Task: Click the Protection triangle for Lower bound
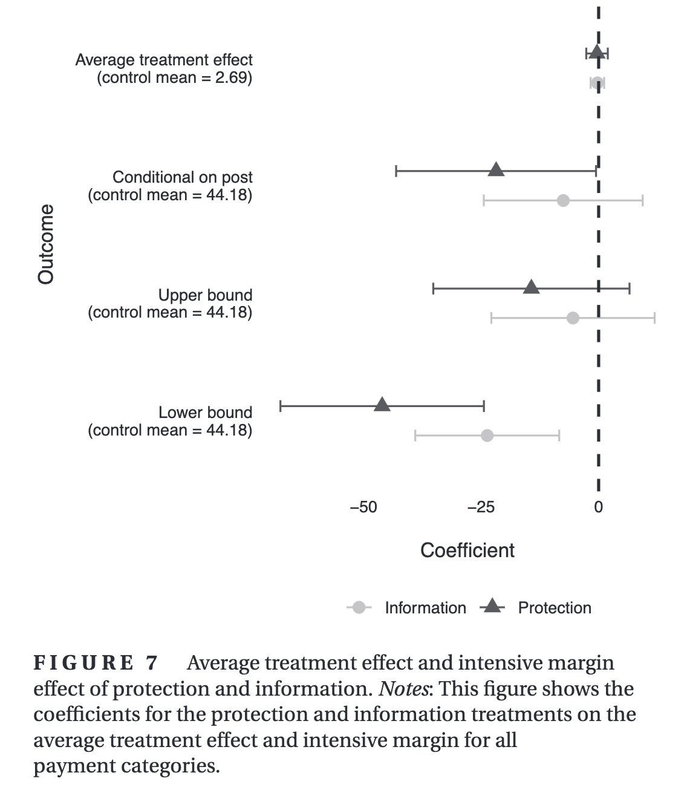point(382,405)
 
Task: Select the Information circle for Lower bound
point(487,435)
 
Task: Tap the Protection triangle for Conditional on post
point(496,169)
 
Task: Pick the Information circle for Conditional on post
point(563,200)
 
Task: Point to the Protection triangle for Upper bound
point(531,287)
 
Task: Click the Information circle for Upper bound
point(573,318)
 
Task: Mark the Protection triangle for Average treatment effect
point(597,52)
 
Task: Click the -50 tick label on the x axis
point(363,508)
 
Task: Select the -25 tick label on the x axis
point(481,508)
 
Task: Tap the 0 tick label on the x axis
point(598,508)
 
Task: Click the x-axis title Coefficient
point(467,550)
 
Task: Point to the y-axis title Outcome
point(46,244)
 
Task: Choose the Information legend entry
point(425,608)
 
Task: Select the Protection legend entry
point(554,608)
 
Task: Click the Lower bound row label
point(205,413)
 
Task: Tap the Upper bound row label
point(205,295)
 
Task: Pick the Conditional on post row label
point(183,177)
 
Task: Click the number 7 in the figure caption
point(151,663)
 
